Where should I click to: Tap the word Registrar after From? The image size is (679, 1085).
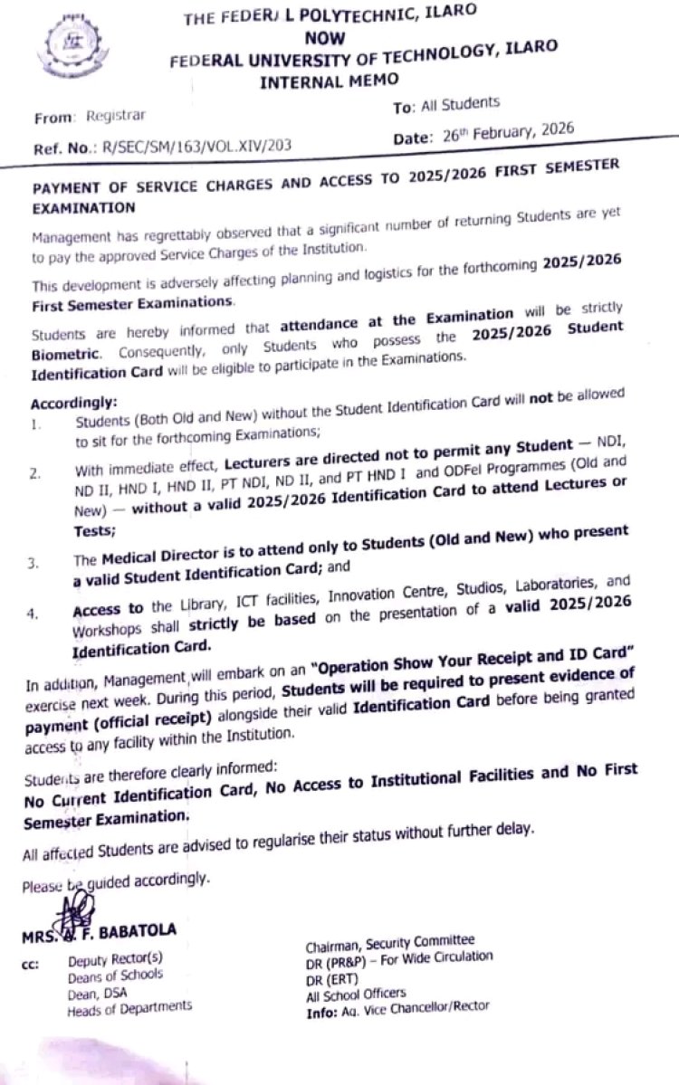click(x=115, y=116)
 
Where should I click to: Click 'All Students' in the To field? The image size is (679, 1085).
click(x=459, y=106)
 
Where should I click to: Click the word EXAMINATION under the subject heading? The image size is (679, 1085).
click(x=85, y=207)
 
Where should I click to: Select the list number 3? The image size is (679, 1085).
click(x=33, y=564)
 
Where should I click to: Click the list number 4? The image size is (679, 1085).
click(x=33, y=614)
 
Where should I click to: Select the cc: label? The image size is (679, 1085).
click(x=29, y=964)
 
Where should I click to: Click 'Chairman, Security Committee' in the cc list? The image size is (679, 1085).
click(x=389, y=941)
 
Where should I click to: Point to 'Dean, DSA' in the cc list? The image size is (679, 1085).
click(x=98, y=992)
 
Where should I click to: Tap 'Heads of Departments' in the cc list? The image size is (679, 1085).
click(x=129, y=1007)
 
